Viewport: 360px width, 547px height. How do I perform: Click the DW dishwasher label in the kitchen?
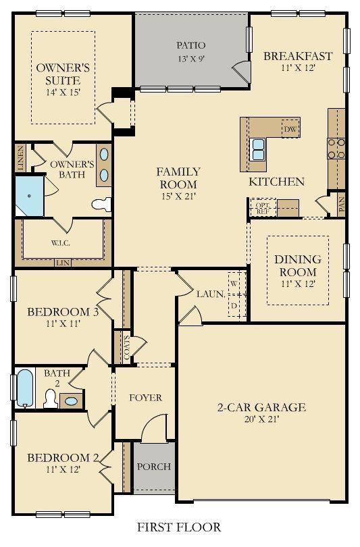tap(290, 129)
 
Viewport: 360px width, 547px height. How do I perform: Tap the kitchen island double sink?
tap(258, 149)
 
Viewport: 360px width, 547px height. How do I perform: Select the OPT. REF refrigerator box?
tap(262, 208)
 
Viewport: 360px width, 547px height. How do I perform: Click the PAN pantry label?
tap(342, 205)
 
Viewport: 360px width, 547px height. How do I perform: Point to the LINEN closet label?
tap(21, 157)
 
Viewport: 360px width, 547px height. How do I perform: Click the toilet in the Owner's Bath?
tap(101, 205)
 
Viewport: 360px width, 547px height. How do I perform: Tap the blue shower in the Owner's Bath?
tap(29, 196)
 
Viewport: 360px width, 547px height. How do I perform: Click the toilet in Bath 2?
tap(51, 398)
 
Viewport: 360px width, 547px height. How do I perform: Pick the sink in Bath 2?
tap(72, 401)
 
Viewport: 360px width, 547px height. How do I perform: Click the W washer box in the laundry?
tap(234, 283)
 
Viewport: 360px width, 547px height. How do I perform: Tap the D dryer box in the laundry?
tap(234, 306)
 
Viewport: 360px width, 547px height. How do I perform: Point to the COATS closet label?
tap(126, 348)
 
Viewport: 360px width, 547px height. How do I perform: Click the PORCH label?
tap(154, 467)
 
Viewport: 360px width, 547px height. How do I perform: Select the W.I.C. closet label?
tap(61, 243)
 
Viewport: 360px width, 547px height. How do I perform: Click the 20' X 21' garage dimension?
tap(261, 419)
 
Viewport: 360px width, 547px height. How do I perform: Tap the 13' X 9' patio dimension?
tap(191, 59)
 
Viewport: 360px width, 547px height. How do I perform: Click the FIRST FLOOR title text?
tap(179, 527)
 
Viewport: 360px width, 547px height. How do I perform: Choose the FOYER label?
tap(145, 398)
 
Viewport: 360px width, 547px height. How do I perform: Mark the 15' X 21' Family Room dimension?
tap(178, 197)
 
